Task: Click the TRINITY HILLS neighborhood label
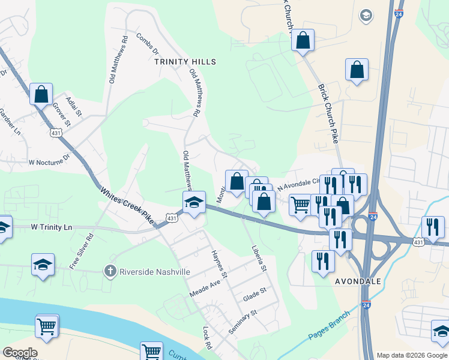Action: point(185,62)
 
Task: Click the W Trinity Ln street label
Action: point(51,227)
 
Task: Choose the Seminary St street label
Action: point(243,322)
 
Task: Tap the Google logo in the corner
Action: point(19,353)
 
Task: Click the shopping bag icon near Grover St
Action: point(41,95)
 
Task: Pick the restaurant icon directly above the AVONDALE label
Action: point(323,260)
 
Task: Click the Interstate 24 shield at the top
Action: point(399,13)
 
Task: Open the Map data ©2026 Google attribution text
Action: point(411,355)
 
